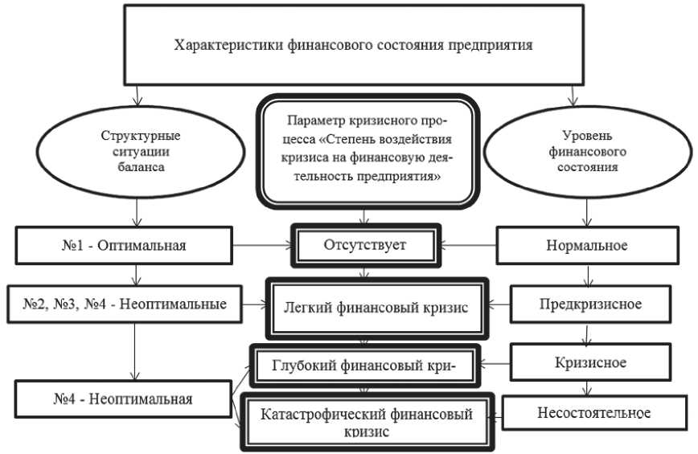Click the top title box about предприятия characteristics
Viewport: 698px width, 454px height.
[x=353, y=45]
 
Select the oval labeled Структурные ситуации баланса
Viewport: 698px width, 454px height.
[x=142, y=149]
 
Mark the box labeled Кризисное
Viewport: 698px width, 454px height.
[x=590, y=362]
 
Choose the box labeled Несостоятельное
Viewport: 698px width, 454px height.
[x=592, y=413]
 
